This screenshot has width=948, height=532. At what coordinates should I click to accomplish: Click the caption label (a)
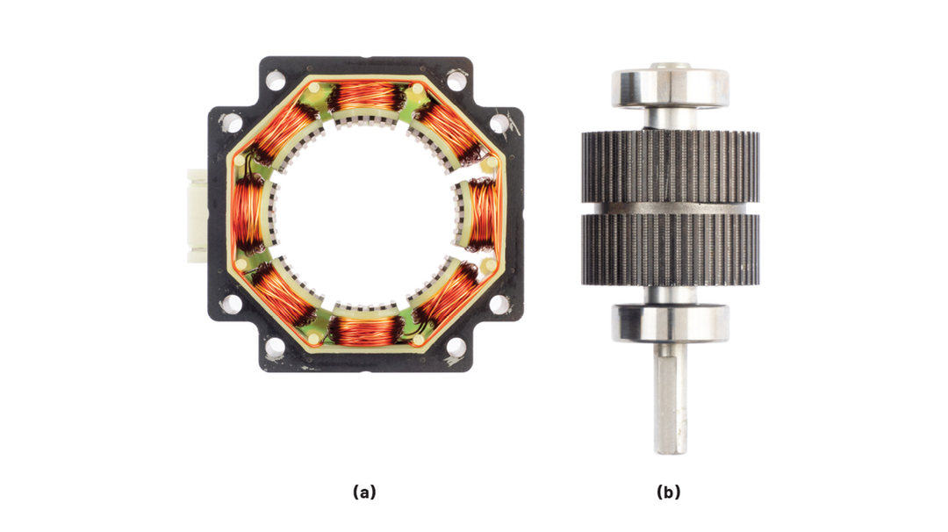(364, 492)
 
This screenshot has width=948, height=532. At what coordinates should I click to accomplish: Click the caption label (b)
(668, 492)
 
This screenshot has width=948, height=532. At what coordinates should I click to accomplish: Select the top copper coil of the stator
(366, 96)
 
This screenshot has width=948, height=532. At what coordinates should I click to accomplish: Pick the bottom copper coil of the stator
(366, 329)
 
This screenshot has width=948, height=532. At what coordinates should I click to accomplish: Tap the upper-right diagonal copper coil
(449, 131)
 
